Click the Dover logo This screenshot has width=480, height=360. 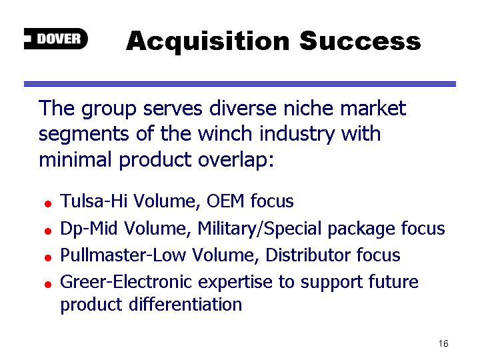[x=56, y=39]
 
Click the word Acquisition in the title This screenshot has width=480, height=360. [x=208, y=42]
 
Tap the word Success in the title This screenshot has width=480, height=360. [x=360, y=41]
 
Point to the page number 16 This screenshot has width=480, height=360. [x=443, y=343]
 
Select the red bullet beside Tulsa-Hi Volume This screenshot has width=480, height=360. [x=48, y=204]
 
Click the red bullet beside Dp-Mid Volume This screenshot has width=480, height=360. [x=48, y=231]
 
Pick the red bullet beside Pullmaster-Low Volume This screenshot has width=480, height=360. [x=48, y=258]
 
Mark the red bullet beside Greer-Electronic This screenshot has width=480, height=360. [x=48, y=285]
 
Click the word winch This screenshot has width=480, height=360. [x=225, y=134]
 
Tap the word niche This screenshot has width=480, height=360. [x=308, y=108]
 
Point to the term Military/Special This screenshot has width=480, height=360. [x=259, y=229]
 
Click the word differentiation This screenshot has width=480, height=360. [x=185, y=304]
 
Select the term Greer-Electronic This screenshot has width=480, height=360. [x=126, y=282]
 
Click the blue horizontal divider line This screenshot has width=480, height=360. [x=240, y=84]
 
